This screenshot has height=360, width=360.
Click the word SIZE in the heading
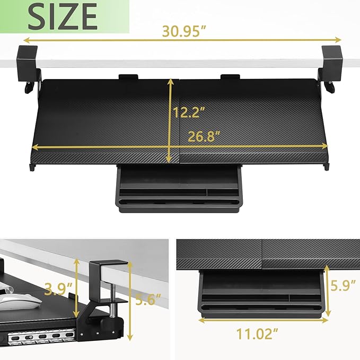coord(63,16)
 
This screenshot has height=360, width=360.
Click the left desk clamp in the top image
coord(27,64)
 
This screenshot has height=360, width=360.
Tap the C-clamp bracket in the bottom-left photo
coord(109,281)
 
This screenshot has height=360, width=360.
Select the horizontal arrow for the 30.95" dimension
coord(182,40)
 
